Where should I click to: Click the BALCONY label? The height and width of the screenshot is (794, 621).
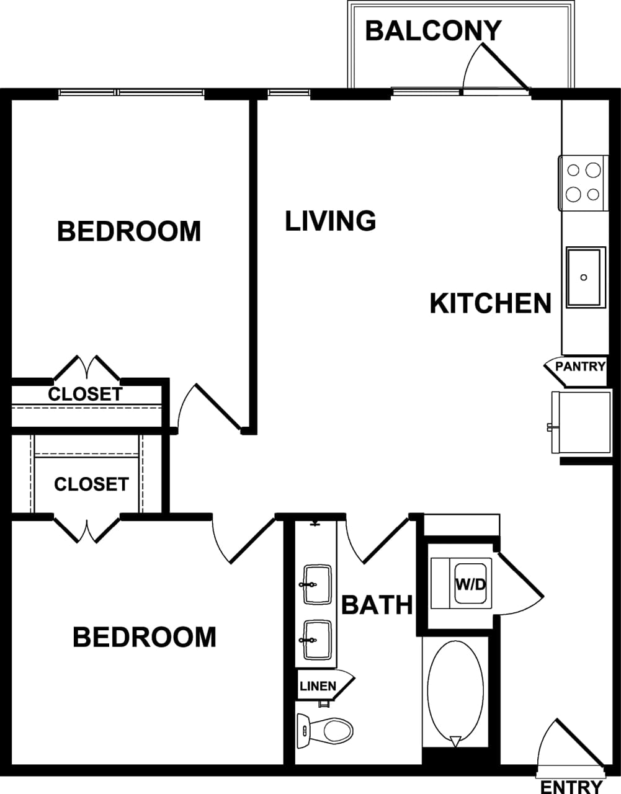pyautogui.click(x=432, y=30)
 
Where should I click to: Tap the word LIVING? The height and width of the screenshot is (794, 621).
pyautogui.click(x=330, y=221)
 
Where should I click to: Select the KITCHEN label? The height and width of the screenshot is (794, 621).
pyautogui.click(x=490, y=304)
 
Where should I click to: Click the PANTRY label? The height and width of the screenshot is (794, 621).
pyautogui.click(x=579, y=367)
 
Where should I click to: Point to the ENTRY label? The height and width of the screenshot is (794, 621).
pyautogui.click(x=571, y=787)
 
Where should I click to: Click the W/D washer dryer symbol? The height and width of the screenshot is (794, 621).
pyautogui.click(x=470, y=584)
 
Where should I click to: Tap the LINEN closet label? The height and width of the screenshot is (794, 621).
pyautogui.click(x=318, y=686)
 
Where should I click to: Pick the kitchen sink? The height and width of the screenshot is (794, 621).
pyautogui.click(x=584, y=277)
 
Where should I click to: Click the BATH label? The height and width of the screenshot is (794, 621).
pyautogui.click(x=377, y=604)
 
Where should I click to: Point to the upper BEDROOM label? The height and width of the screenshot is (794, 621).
pyautogui.click(x=129, y=231)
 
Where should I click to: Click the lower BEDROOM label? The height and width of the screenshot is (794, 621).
pyautogui.click(x=145, y=637)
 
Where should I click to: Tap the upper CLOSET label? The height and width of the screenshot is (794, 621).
pyautogui.click(x=85, y=394)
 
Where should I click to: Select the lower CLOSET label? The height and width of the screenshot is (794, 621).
pyautogui.click(x=91, y=484)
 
